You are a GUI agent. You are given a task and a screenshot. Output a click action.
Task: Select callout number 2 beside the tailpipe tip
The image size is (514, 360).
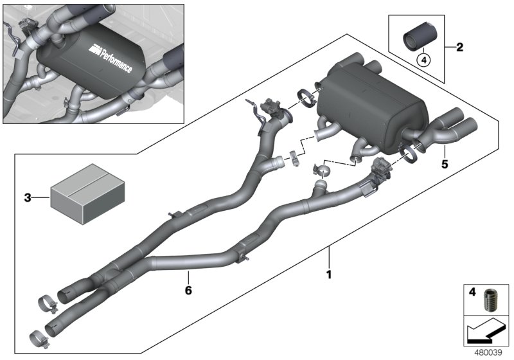coord(459,47)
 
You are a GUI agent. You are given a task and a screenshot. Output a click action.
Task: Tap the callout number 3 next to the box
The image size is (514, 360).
coord(28,198)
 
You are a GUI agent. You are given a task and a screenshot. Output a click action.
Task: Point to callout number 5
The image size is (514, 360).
coord(445,164)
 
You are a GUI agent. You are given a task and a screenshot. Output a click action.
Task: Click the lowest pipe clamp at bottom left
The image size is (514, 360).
coord(39,336)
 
